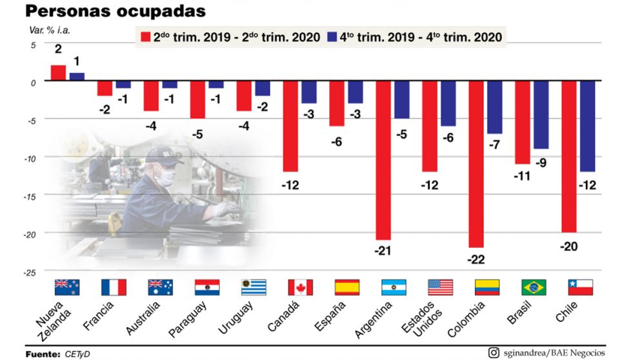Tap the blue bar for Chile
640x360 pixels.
click(x=587, y=126)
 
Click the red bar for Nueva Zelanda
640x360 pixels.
click(x=58, y=73)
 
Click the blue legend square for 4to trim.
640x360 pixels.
click(x=332, y=37)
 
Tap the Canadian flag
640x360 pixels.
click(x=300, y=287)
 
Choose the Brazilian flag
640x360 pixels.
click(x=534, y=287)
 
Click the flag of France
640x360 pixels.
click(x=114, y=287)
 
